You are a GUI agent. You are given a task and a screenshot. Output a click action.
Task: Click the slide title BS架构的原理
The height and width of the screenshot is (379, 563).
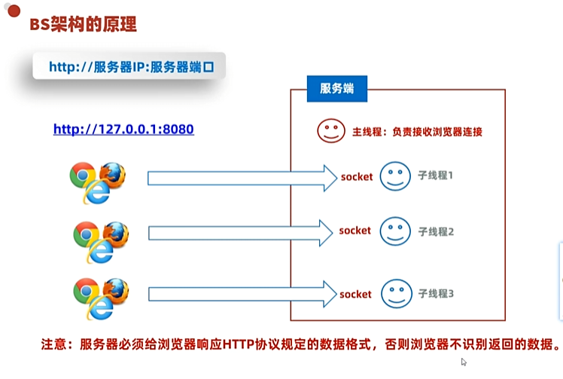83,25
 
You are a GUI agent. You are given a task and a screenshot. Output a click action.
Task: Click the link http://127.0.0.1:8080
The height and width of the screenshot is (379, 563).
123,129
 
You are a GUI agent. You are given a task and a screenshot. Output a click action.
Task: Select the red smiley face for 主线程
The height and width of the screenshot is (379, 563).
330,130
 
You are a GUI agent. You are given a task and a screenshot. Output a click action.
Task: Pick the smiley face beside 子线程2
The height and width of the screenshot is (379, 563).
394,231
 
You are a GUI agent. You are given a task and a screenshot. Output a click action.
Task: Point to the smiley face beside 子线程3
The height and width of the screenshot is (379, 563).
394,292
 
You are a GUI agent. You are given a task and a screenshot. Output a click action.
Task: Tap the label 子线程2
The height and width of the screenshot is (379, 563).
436,231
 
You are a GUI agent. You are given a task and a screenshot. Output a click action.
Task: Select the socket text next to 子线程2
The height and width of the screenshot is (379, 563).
355,230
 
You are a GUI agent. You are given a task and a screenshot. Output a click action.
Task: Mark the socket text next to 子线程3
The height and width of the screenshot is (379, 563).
356,293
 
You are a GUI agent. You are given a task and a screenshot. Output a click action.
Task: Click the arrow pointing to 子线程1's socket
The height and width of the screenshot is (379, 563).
241,178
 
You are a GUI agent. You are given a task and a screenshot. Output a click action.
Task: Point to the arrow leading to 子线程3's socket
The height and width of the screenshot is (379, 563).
241,294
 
